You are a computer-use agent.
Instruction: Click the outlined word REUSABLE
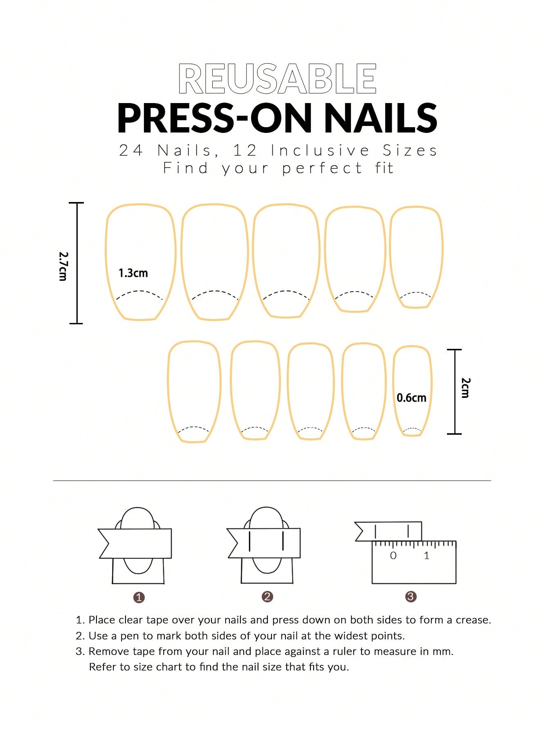277,79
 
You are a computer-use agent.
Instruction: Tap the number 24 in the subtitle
131,150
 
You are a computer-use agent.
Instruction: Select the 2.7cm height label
63,266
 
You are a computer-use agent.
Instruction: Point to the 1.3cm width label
133,273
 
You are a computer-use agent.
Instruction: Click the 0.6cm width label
411,398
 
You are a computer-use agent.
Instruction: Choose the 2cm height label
465,388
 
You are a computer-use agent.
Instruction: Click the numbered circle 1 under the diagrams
139,597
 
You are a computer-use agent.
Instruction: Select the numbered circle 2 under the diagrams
267,597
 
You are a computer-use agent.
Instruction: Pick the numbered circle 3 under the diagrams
411,597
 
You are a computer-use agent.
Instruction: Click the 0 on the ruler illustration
393,555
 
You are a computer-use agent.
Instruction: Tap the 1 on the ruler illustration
427,555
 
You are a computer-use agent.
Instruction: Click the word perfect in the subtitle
322,168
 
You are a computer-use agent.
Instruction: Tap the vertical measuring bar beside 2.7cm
76,263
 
